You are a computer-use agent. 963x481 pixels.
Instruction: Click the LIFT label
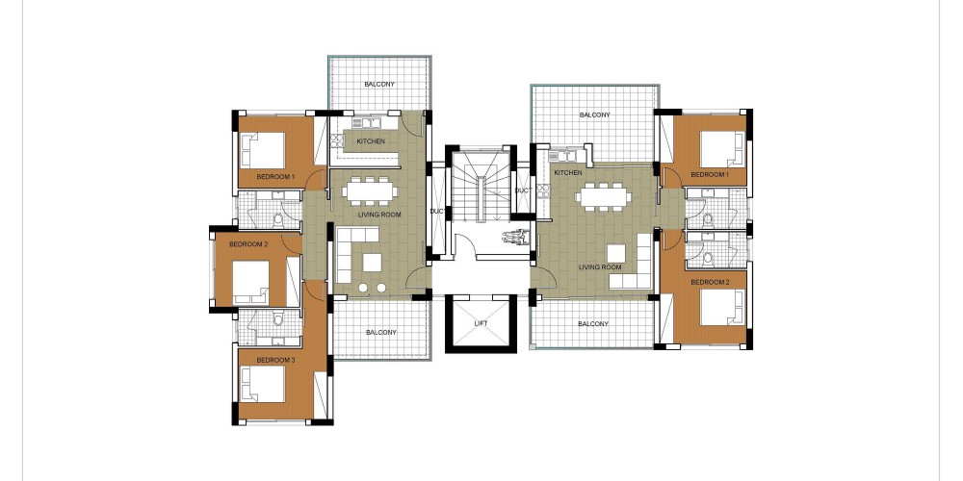[481, 323]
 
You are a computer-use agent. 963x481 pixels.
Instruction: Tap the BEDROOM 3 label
[275, 360]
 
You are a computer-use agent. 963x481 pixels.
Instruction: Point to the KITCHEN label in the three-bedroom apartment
[371, 141]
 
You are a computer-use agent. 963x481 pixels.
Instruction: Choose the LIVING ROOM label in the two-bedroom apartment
[600, 267]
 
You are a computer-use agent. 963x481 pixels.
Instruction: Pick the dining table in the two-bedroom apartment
[603, 196]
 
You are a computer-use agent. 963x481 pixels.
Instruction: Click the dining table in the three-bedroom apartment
[369, 190]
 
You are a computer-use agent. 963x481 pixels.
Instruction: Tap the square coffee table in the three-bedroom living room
[372, 264]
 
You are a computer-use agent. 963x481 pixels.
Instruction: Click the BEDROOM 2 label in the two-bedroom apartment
[710, 283]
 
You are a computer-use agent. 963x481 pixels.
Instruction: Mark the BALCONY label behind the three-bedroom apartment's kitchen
[379, 84]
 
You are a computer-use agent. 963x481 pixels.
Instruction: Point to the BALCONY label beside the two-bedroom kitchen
[594, 115]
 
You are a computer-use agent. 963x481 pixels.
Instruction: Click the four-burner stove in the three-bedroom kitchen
[336, 141]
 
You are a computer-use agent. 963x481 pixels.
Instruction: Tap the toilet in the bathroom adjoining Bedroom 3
[277, 318]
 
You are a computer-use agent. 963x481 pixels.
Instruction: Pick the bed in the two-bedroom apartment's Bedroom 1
[722, 149]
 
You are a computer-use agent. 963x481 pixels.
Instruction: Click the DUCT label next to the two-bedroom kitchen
[522, 191]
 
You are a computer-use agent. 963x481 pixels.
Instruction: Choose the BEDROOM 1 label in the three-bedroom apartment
[275, 177]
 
